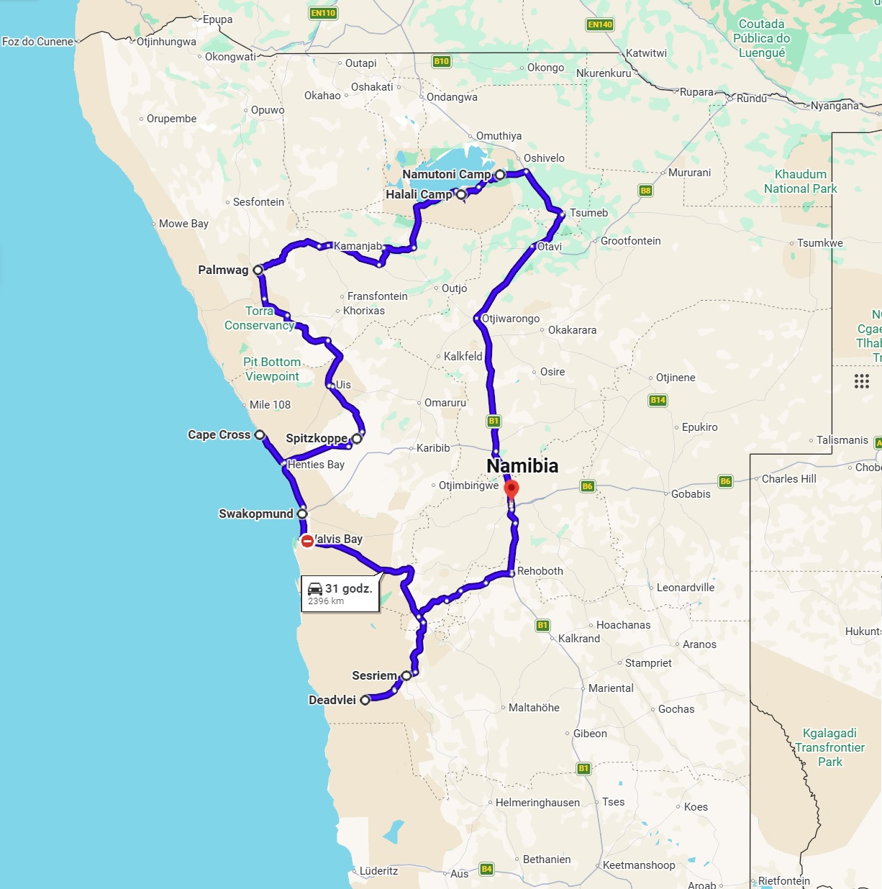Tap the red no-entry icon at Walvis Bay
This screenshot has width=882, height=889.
tap(307, 541)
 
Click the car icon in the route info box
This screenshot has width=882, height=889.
tap(315, 588)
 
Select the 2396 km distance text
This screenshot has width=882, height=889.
tap(326, 601)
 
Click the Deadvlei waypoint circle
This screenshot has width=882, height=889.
tap(365, 700)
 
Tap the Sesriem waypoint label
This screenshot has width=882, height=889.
tap(374, 675)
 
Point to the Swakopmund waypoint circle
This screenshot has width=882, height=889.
tap(302, 514)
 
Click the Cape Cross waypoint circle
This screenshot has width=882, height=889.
tap(260, 435)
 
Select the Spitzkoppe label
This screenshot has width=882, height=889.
tap(317, 438)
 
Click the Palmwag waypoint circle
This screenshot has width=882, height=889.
tap(258, 270)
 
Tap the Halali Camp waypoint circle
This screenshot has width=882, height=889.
tap(461, 194)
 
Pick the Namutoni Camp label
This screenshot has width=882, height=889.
tap(446, 174)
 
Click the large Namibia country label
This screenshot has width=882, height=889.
tap(522, 466)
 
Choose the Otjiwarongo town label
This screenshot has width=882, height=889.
tap(511, 319)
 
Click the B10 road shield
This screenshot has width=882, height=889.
tap(442, 61)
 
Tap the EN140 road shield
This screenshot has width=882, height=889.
tap(600, 24)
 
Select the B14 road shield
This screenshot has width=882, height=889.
tap(658, 400)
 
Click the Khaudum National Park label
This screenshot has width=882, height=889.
tap(800, 181)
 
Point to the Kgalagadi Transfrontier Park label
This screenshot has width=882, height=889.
tap(829, 747)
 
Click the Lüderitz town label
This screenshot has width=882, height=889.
tap(378, 871)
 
